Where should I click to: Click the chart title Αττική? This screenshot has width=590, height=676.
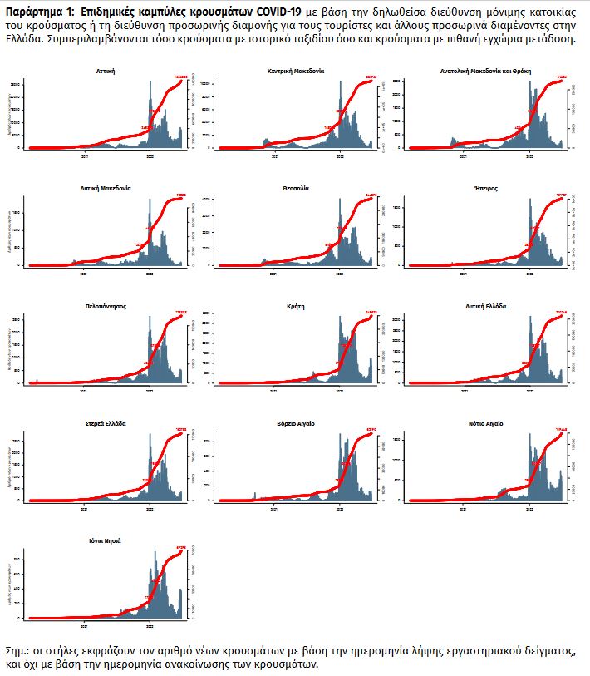coord(106,72)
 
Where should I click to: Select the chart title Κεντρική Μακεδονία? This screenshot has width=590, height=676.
coord(295,72)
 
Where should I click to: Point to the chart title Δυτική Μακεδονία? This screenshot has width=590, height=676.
coord(106,189)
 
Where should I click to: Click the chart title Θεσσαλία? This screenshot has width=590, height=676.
coord(295,189)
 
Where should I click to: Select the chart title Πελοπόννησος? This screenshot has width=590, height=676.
coord(106,306)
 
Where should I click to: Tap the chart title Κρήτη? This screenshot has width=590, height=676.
coord(295,306)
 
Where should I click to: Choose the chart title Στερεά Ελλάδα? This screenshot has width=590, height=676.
coord(106,423)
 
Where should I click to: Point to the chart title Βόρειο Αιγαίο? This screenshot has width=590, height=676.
coord(295,423)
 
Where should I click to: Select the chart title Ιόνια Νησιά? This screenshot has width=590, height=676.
coord(106,540)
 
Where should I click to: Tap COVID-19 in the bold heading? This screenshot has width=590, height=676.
coord(276,17)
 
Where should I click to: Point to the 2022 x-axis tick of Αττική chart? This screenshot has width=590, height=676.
coord(150,155)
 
